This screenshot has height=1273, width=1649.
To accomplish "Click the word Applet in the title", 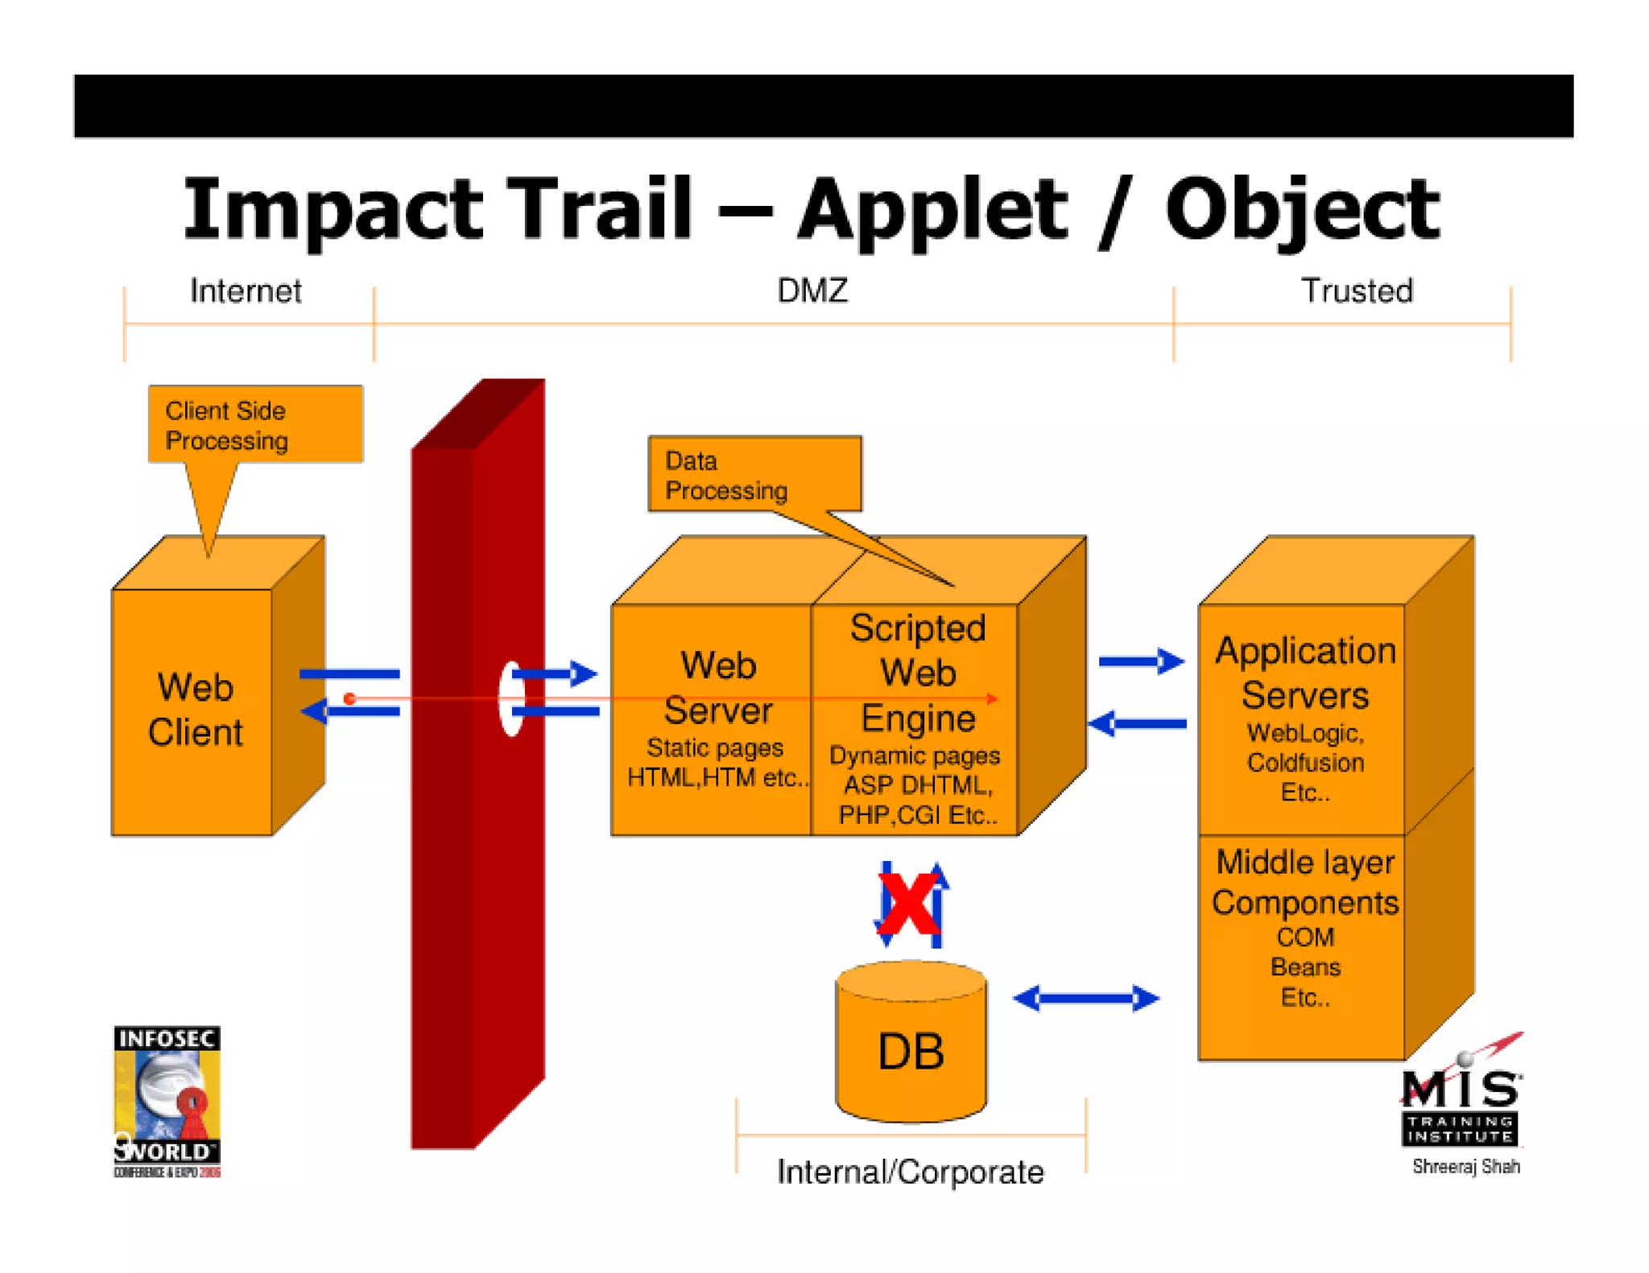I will [932, 211].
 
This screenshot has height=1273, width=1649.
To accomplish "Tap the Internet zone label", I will [246, 290].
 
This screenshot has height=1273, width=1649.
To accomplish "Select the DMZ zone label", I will [812, 290].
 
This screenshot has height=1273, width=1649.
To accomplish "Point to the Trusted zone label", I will [1357, 290].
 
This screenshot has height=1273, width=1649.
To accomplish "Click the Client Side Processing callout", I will [254, 425].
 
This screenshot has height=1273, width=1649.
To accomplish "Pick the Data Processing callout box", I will [754, 475].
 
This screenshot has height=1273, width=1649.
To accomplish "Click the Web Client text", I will [195, 710].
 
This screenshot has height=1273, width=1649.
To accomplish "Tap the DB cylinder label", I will [911, 1051].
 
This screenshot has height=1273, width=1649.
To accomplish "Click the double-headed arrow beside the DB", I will [1085, 999].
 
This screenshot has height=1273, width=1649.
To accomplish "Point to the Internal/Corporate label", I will [910, 1172].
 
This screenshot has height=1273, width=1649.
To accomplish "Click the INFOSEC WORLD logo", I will [167, 1101].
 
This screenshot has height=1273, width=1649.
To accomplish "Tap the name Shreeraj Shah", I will [1465, 1166].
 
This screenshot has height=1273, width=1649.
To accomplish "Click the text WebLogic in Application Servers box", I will [1304, 733].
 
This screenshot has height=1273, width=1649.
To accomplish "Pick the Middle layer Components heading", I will [1304, 883].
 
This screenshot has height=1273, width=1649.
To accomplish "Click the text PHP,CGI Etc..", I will [917, 815].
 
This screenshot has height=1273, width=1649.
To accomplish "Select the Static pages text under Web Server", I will [714, 748].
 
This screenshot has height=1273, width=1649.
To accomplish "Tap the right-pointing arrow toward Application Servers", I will [1141, 661].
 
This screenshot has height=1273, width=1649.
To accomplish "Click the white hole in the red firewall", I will [510, 698].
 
